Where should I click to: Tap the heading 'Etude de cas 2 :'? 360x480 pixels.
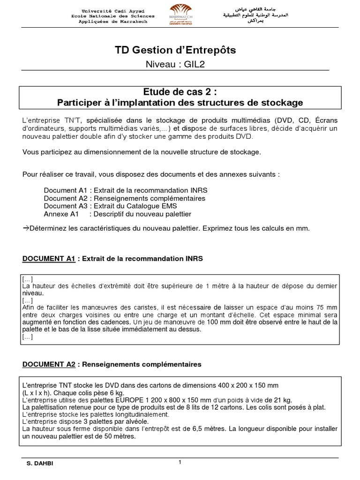180,91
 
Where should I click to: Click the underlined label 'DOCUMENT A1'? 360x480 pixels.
49,258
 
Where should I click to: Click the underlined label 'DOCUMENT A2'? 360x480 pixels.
49,364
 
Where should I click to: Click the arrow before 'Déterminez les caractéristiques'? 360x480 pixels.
26,228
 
